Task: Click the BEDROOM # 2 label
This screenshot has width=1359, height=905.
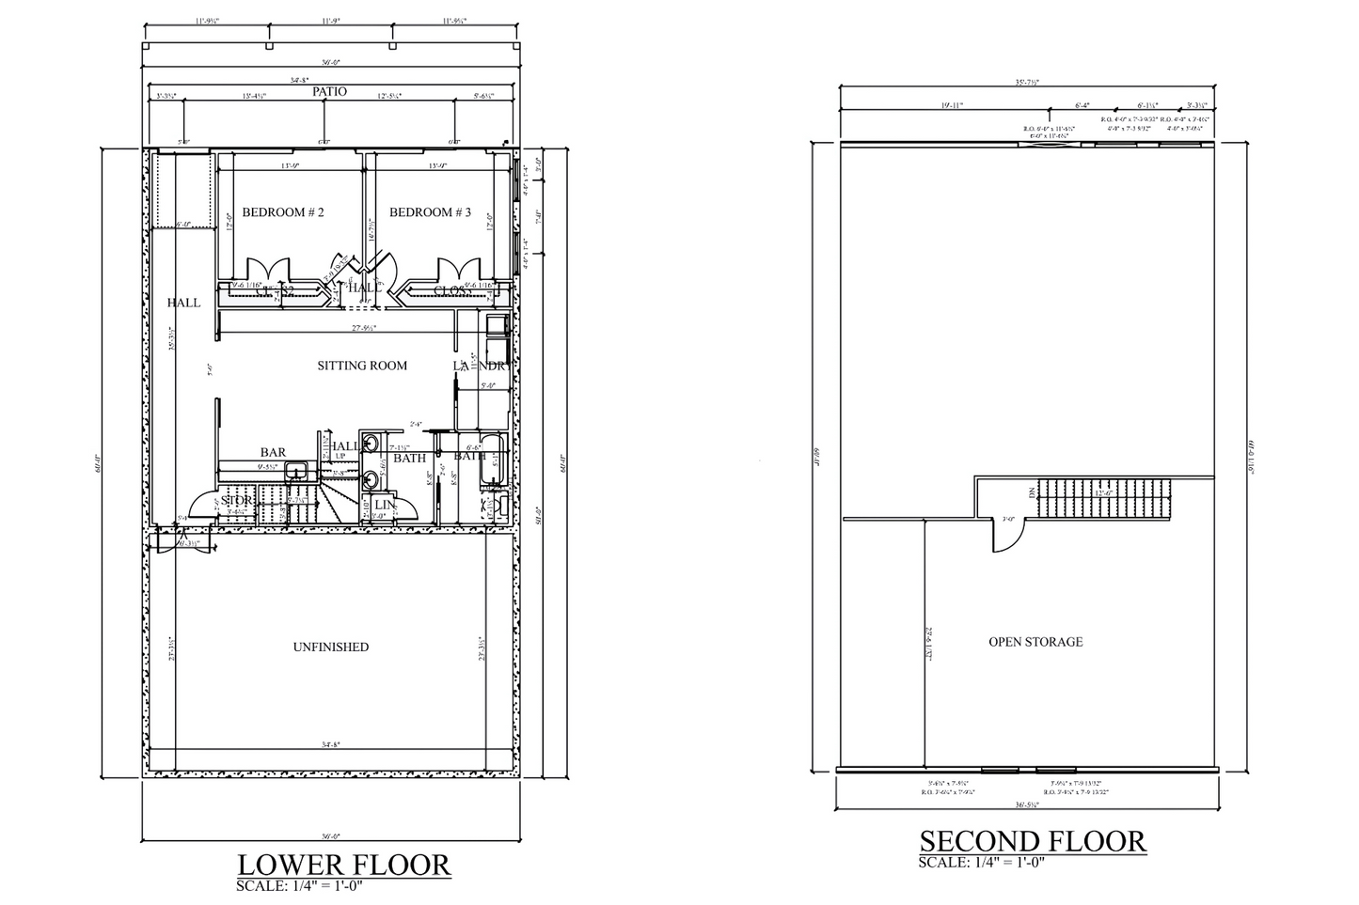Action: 283,212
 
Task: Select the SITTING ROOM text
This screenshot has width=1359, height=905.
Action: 362,365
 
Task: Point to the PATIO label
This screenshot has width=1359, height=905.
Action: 329,92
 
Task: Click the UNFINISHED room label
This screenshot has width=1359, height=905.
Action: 330,647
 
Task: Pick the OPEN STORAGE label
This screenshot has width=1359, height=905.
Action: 1035,642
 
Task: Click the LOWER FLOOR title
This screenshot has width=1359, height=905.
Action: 343,865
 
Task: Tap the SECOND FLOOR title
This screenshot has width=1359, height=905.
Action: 1033,841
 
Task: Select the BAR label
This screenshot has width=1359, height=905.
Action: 273,453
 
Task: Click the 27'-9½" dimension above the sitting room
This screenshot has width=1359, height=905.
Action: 364,328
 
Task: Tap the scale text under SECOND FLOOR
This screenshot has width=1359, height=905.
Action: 977,863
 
